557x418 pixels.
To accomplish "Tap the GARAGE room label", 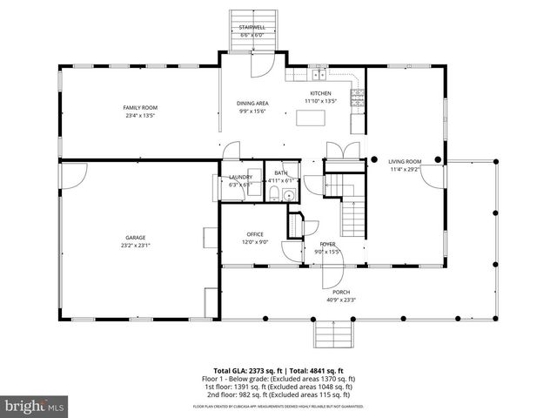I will point(134,237).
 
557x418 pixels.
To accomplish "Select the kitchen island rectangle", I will point(312,116).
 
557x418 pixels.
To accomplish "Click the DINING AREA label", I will point(252,104).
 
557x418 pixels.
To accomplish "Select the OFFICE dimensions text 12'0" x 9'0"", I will point(255,242).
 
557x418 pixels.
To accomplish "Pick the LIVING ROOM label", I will point(405,161).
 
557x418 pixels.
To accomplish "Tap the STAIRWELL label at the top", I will point(252,28).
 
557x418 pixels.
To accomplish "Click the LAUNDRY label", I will point(240,177).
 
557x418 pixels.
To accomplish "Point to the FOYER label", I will point(327,244).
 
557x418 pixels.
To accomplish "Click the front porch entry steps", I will point(332,333).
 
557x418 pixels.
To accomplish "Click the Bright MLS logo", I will point(35,406).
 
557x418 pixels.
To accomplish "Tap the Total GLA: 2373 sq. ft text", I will point(247,370).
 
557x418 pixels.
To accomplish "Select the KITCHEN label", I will point(320,93).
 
